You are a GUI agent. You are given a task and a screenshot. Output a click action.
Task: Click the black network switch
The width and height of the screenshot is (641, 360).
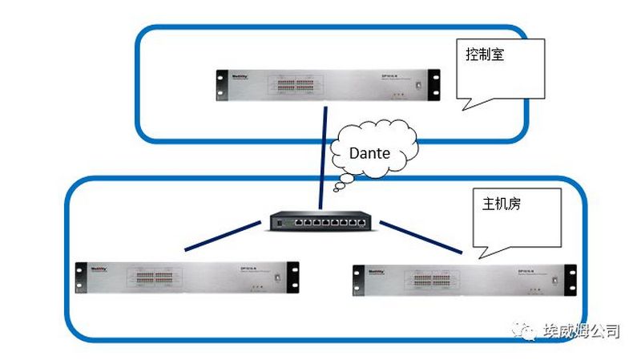pos(320,220)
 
